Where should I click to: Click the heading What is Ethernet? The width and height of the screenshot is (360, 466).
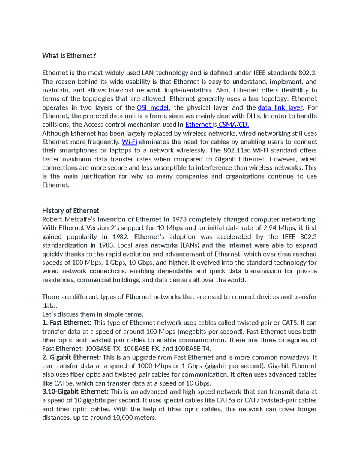(x=69, y=56)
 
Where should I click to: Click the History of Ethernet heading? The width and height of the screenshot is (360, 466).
(x=70, y=211)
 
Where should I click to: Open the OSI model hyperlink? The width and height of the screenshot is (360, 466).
(x=153, y=107)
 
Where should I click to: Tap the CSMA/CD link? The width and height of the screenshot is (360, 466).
(x=234, y=125)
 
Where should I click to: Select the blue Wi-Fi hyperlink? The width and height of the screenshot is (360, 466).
(x=129, y=142)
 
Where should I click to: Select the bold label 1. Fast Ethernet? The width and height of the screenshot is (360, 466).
(x=67, y=323)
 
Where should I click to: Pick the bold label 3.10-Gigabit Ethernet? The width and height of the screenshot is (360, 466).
(x=75, y=392)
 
